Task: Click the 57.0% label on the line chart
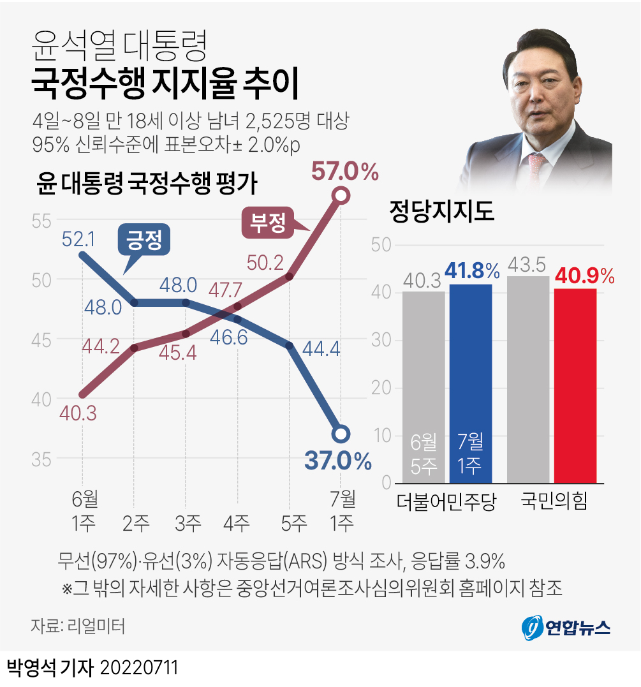[344, 172]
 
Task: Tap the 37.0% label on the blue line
[338, 461]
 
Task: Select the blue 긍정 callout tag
[144, 241]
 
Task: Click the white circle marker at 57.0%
[341, 196]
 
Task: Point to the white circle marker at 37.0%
[341, 434]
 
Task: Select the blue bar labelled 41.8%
[471, 383]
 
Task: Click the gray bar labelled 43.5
[528, 380]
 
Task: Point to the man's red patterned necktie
[538, 167]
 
